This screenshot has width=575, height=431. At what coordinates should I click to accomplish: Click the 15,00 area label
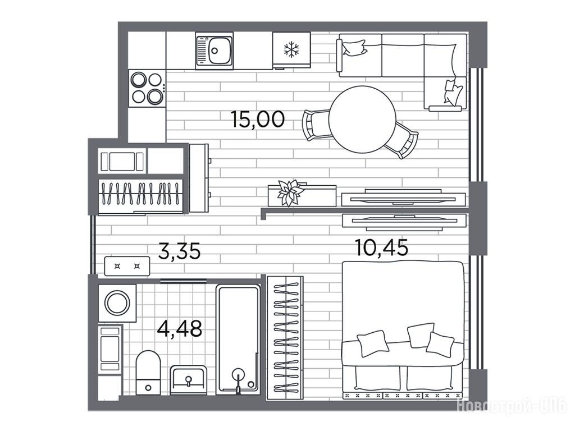click(258, 120)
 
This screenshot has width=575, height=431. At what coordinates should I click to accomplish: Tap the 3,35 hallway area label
click(179, 251)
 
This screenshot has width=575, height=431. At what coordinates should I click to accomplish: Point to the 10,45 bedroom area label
click(382, 247)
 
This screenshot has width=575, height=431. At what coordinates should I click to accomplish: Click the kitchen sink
click(214, 51)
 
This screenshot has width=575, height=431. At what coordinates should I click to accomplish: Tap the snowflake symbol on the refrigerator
click(291, 49)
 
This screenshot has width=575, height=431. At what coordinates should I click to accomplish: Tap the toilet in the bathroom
click(148, 373)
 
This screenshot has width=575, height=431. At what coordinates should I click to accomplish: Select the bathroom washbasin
click(189, 380)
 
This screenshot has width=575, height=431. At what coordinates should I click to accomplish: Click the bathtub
click(238, 340)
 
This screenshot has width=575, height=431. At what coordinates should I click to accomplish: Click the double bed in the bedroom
click(402, 330)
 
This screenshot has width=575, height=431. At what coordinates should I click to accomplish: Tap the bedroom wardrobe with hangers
click(285, 338)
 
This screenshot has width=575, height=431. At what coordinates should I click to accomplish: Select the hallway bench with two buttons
click(127, 266)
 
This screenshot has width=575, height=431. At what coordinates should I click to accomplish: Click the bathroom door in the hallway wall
click(184, 281)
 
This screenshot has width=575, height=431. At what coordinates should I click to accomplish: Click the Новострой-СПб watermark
click(512, 406)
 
